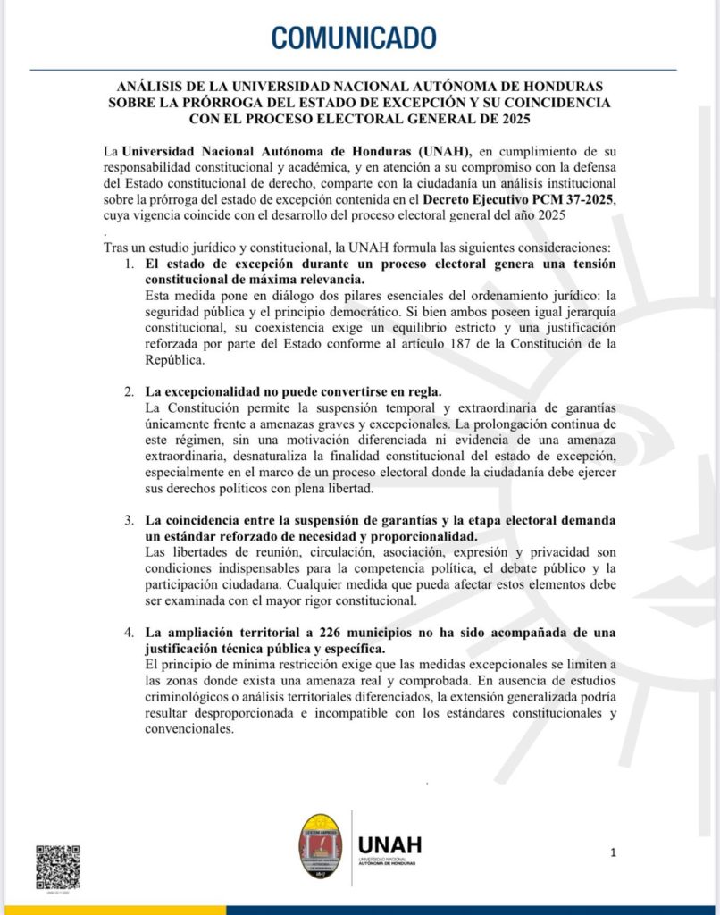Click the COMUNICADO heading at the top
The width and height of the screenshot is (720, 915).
coord(354,38)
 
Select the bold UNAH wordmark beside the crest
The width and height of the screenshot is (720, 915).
coord(389,845)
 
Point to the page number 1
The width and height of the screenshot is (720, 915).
coord(613,852)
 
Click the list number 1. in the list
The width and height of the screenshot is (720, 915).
coord(130,265)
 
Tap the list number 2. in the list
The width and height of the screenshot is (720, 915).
coord(130,393)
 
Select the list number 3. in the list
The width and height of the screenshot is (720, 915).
coord(130,520)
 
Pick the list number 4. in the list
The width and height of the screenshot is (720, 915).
coord(130,634)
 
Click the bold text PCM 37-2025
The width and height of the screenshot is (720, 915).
coord(577,198)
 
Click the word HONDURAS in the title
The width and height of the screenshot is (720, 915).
coord(558,86)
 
